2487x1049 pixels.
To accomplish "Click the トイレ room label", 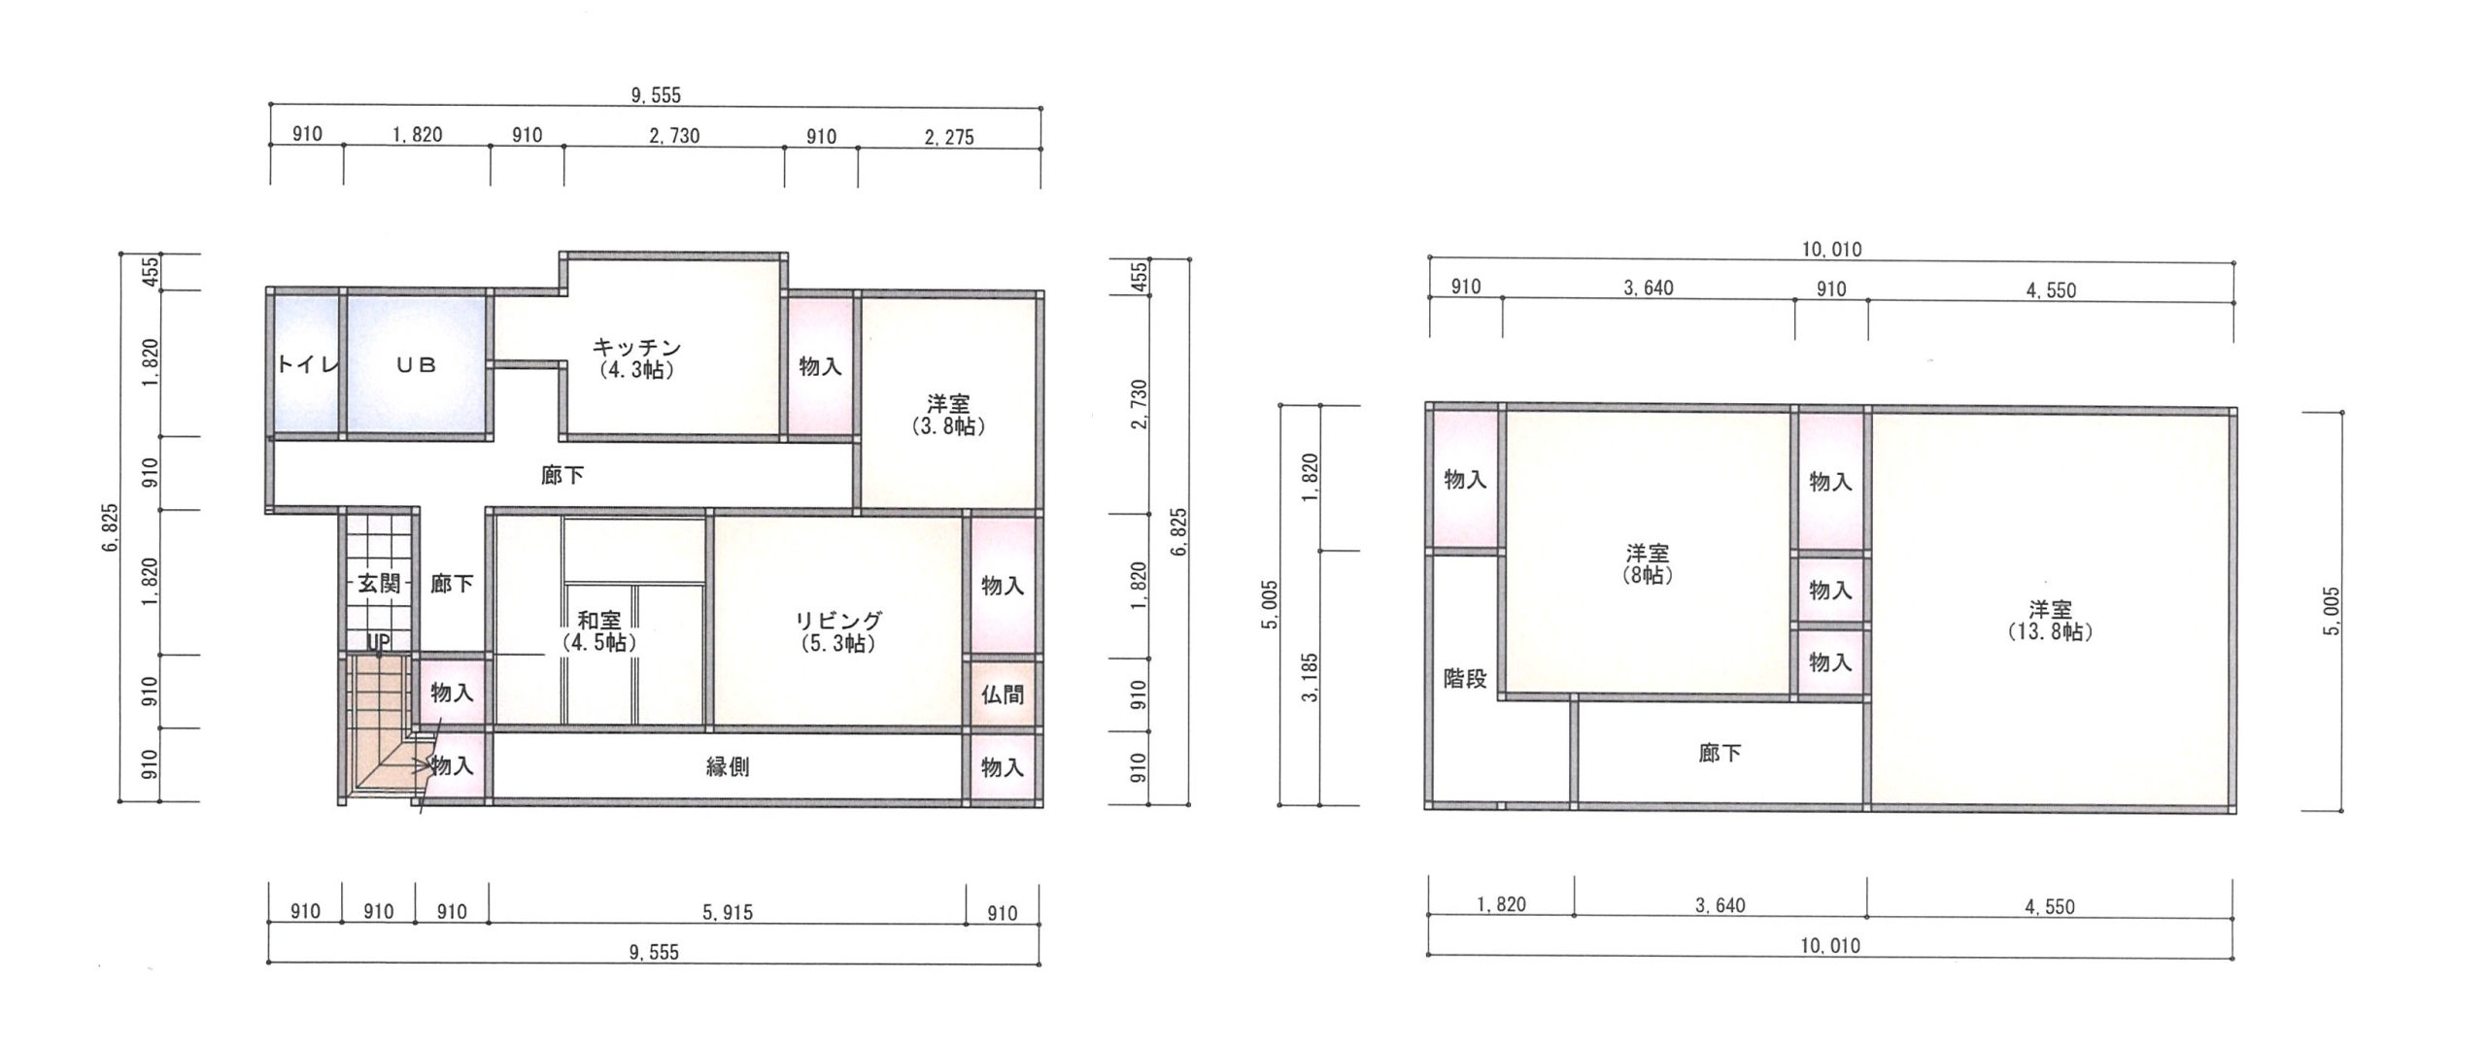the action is [307, 365].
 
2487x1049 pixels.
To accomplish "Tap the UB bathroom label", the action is [416, 365].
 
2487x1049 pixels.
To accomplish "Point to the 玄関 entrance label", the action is [377, 583].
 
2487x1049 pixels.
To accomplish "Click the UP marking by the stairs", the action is [378, 642].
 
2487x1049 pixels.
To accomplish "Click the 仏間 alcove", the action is [1003, 694].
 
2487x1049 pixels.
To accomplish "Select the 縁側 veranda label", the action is [727, 767].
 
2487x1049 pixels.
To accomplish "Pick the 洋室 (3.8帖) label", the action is [948, 415].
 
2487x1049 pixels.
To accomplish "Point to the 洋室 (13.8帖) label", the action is [2050, 620].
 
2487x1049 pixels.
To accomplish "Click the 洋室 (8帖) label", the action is [1648, 563].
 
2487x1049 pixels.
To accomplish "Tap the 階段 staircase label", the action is [1465, 679].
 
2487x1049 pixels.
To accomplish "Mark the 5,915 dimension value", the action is [728, 912].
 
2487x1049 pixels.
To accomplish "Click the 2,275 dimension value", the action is [948, 137].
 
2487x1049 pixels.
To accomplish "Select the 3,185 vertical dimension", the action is [1311, 678].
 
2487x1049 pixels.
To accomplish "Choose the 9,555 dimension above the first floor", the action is [656, 95].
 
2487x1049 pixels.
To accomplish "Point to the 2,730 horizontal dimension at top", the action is [674, 136].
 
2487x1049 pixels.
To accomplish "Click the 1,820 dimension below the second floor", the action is [1501, 905].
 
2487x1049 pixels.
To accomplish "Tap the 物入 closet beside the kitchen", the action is [821, 366].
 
